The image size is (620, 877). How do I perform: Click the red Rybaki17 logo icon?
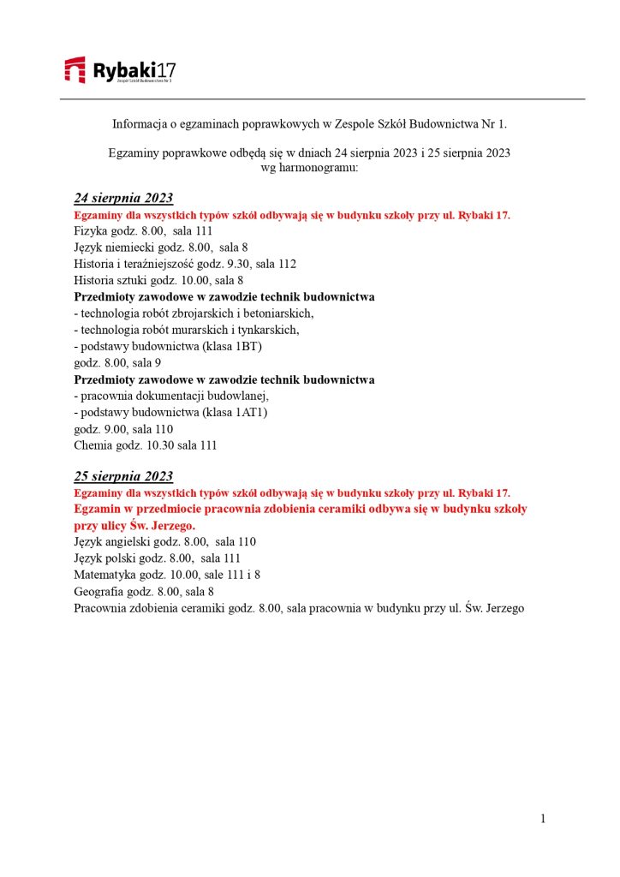click(75, 69)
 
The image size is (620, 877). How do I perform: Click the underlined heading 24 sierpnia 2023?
click(123, 199)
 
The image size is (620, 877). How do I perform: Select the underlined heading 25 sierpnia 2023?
click(123, 476)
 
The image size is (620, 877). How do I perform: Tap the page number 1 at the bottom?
click(543, 819)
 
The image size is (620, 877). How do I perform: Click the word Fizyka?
click(90, 231)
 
